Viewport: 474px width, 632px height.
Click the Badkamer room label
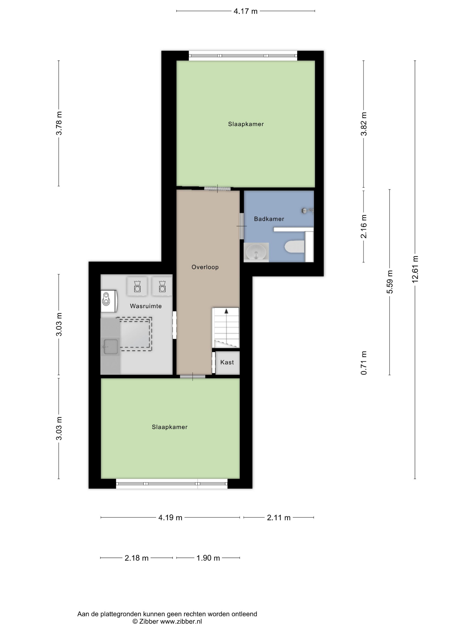point(269,219)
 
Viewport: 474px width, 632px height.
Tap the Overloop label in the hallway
point(205,267)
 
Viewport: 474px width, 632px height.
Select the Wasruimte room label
point(146,306)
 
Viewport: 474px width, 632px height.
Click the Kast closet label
point(227,362)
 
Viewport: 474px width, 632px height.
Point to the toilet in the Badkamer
point(294,246)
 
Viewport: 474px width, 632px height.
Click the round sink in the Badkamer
point(256,252)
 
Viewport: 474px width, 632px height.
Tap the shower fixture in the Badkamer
point(307,211)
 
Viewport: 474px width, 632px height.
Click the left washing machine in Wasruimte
point(137,286)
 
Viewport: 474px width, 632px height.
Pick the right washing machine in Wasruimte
point(162,286)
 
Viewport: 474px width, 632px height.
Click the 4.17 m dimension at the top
point(245,11)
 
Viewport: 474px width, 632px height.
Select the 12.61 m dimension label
point(415,269)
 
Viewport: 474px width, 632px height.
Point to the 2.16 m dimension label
point(363,226)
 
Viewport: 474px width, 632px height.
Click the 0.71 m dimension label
point(363,363)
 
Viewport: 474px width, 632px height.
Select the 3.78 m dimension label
point(59,123)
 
